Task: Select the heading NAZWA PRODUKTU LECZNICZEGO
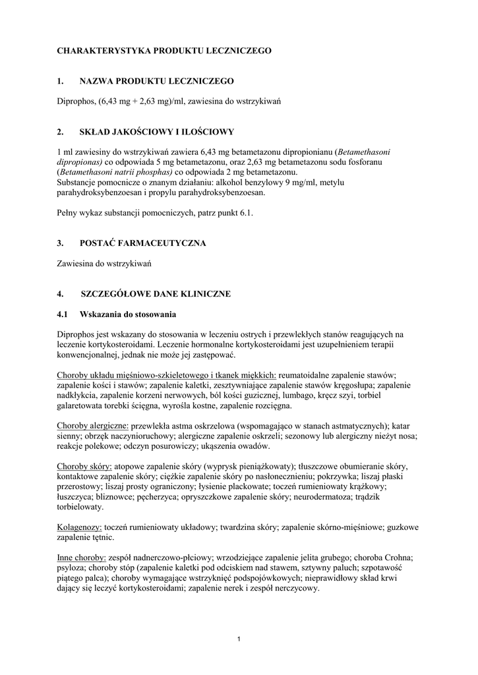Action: [x=156, y=81]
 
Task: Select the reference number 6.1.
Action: [x=246, y=213]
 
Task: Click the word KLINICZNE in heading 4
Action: [x=205, y=294]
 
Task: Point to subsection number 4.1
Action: [x=63, y=314]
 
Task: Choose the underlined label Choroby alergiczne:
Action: [x=93, y=426]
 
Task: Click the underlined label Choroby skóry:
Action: [x=84, y=467]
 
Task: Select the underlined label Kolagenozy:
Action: [x=80, y=527]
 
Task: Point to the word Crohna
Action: [x=394, y=558]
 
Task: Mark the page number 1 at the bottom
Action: [x=239, y=639]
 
